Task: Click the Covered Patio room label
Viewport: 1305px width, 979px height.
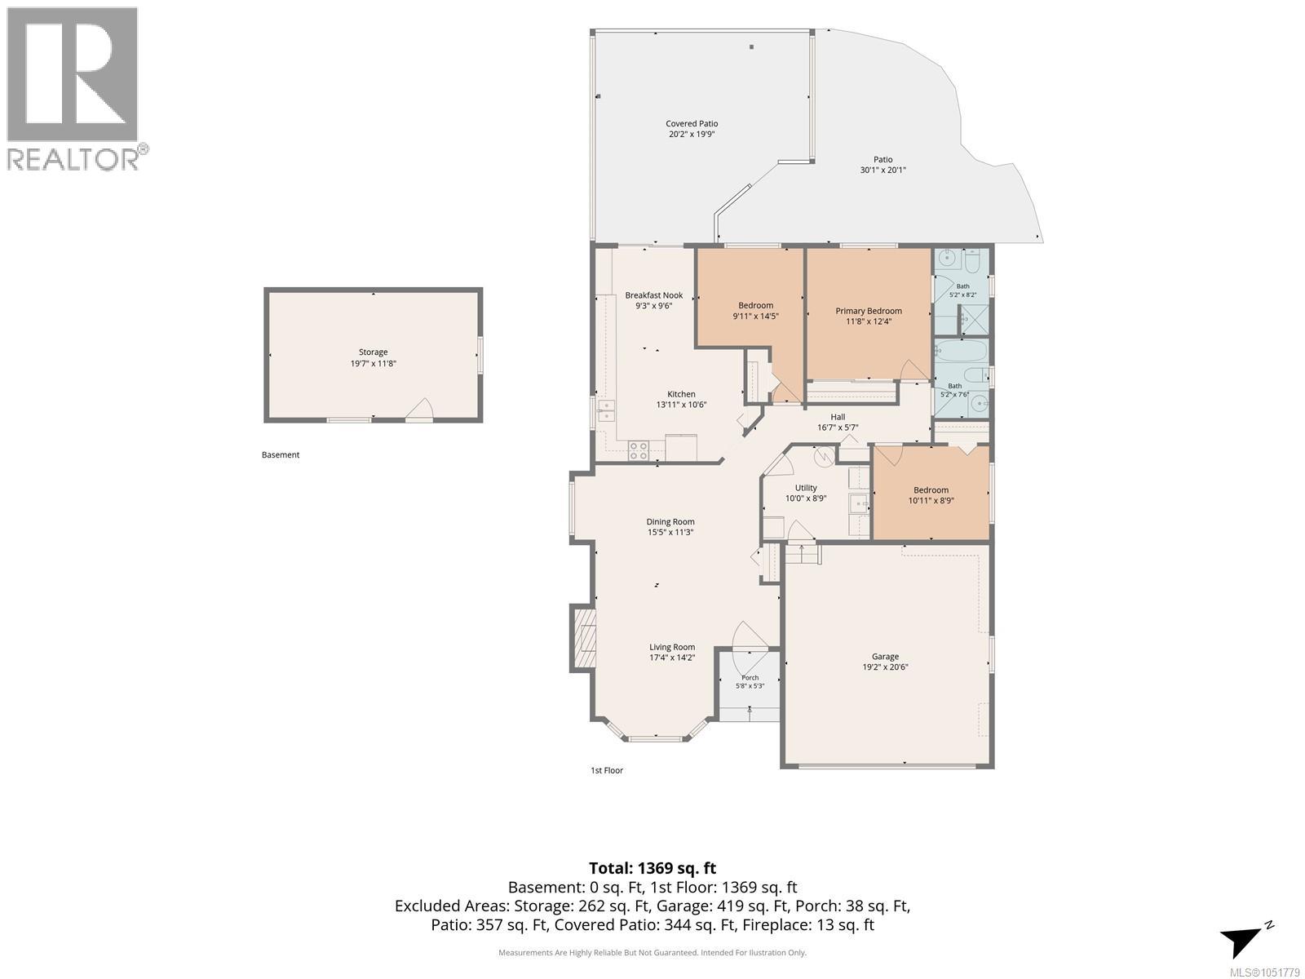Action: (692, 124)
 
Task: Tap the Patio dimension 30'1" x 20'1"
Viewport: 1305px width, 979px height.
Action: (883, 170)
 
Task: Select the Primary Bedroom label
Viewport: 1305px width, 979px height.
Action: (869, 311)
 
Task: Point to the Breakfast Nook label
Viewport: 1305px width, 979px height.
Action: (654, 295)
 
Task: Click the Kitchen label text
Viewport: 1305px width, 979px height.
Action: (681, 394)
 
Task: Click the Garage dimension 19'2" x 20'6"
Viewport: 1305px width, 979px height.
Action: (885, 667)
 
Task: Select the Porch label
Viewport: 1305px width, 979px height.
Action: (750, 678)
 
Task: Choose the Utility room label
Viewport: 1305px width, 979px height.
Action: (806, 488)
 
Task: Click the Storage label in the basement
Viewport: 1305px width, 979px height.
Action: (374, 352)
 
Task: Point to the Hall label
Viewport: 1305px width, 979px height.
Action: (838, 417)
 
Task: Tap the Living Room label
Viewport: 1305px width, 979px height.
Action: (672, 647)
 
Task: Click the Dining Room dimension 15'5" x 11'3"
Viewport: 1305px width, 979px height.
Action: (670, 533)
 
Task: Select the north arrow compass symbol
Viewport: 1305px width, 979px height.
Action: (1246, 938)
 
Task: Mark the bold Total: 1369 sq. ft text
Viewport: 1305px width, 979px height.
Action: (652, 868)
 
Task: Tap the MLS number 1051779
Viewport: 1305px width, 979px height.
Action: (1264, 973)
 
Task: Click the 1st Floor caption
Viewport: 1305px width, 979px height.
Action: (607, 770)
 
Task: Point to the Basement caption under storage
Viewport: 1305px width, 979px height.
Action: (281, 455)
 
